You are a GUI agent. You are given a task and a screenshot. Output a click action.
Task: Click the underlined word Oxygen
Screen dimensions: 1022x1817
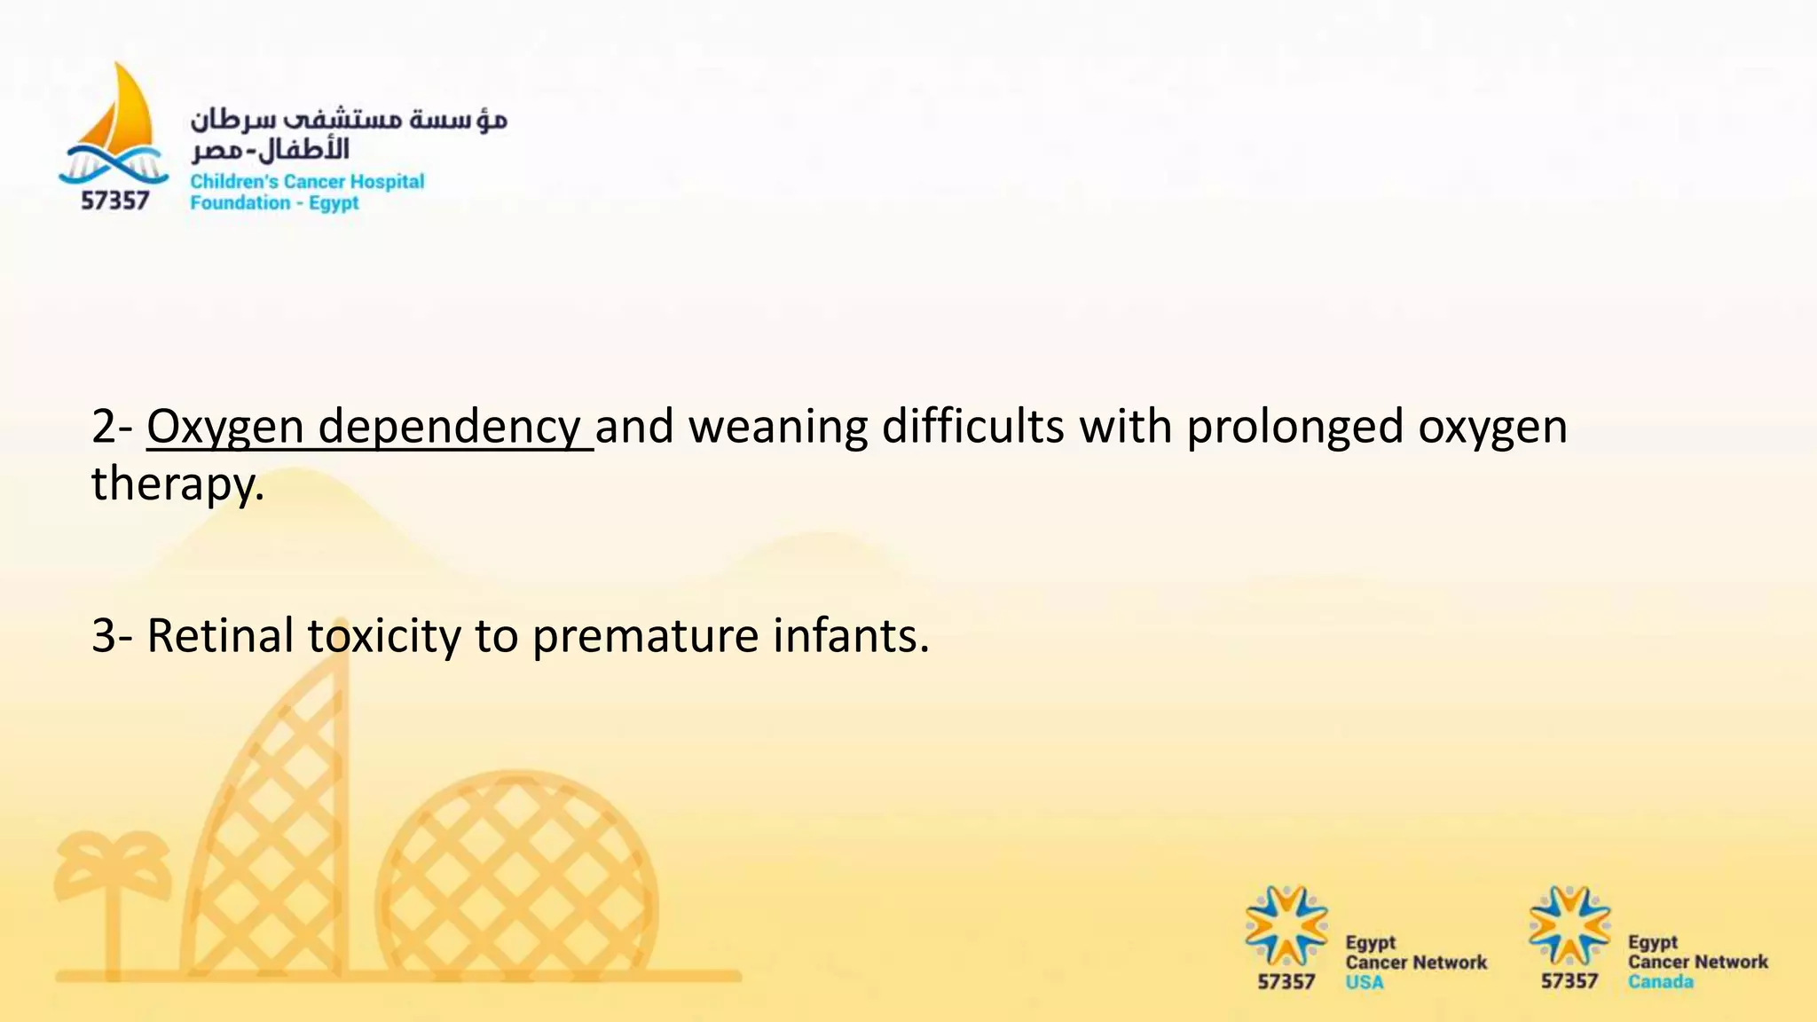point(225,428)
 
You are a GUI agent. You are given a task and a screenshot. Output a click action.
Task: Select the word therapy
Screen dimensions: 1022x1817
point(177,484)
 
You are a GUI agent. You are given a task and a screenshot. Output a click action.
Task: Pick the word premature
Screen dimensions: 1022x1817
point(644,636)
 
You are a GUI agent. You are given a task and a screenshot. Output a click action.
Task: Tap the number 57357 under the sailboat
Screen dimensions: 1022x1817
point(115,201)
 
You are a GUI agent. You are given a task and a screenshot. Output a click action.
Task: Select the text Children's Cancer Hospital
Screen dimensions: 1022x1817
point(307,182)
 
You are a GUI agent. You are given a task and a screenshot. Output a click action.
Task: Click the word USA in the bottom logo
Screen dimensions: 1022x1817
point(1364,982)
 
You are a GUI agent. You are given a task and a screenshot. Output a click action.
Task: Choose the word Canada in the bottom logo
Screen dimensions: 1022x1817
point(1660,982)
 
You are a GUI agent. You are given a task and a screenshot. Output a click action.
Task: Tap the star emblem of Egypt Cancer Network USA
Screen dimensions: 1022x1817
point(1286,925)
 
